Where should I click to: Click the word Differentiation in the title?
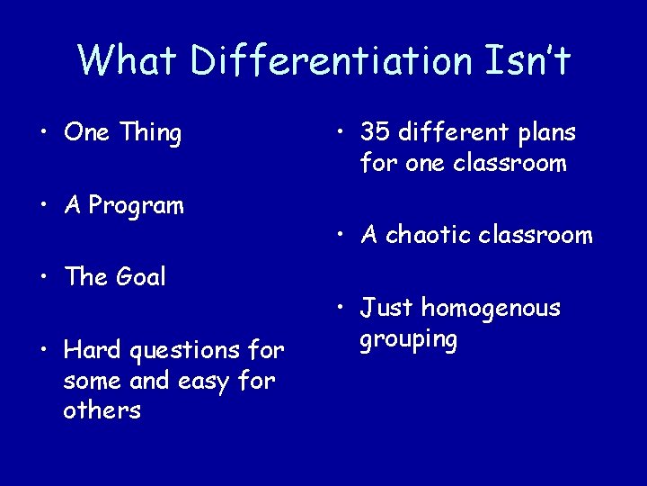pos(332,61)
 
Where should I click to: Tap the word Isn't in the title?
pos(527,61)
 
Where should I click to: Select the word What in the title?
pos(129,61)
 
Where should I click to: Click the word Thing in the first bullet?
pos(150,133)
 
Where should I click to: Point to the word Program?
pos(137,206)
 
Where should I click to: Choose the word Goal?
pos(140,277)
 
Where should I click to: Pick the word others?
pos(102,410)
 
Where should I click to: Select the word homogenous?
pos(490,310)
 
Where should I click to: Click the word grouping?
pos(409,340)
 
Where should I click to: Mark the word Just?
pos(387,309)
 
